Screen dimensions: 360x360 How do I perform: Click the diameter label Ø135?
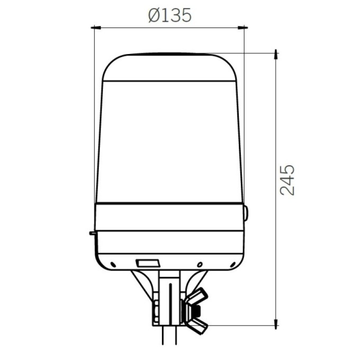pyautogui.click(x=169, y=15)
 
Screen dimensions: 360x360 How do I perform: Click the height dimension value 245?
pyautogui.click(x=287, y=180)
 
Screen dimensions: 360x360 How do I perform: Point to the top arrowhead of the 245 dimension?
pyautogui.click(x=275, y=54)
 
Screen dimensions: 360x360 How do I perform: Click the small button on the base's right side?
pyautogui.click(x=246, y=213)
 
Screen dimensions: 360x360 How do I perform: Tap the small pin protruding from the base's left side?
pyautogui.click(x=92, y=232)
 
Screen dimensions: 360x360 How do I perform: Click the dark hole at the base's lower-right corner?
pyautogui.click(x=231, y=264)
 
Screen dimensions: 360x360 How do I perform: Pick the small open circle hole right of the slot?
pyautogui.click(x=200, y=264)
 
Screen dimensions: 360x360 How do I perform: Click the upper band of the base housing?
pyautogui.click(x=169, y=217)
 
